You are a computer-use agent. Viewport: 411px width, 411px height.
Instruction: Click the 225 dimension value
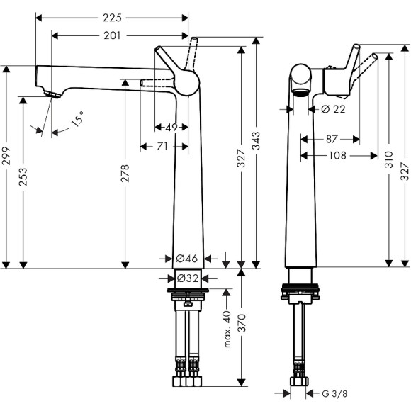pos(112,16)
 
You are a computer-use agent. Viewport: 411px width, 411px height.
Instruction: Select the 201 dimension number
pos(113,35)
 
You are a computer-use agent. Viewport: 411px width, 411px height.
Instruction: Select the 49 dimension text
pos(171,128)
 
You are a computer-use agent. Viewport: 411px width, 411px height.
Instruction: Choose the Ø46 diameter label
pos(186,258)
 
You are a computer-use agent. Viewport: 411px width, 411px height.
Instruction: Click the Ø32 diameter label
pos(186,278)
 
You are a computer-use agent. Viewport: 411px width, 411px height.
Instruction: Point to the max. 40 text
pos(227,329)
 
